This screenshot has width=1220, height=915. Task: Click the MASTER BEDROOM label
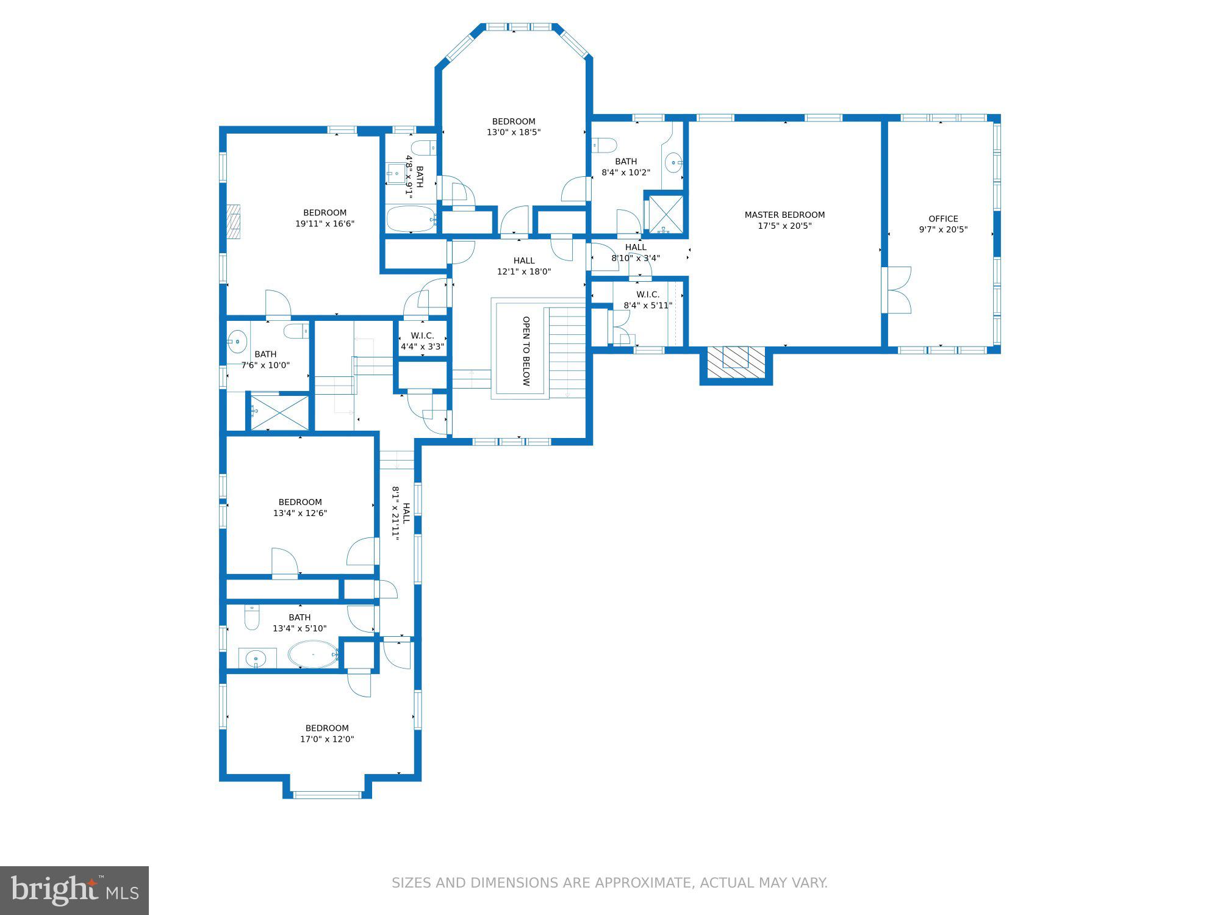click(x=784, y=215)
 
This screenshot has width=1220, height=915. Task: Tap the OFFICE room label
click(x=943, y=218)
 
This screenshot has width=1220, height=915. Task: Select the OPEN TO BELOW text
click(x=526, y=351)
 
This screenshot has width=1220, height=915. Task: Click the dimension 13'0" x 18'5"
click(x=514, y=132)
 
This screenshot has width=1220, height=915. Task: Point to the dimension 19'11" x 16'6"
click(x=325, y=224)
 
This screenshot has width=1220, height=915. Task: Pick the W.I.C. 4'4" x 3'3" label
click(x=422, y=341)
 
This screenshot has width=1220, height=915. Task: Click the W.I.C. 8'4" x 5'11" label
click(x=647, y=300)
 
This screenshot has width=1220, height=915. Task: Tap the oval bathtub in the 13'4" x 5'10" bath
click(x=313, y=655)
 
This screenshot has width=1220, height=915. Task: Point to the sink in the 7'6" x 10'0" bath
click(x=237, y=341)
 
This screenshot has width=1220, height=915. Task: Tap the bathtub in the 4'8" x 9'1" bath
click(x=411, y=219)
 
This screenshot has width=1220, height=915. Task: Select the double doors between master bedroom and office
click(x=898, y=290)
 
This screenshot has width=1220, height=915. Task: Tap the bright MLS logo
click(x=74, y=890)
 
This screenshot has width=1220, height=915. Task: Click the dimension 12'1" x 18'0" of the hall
click(x=524, y=271)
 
